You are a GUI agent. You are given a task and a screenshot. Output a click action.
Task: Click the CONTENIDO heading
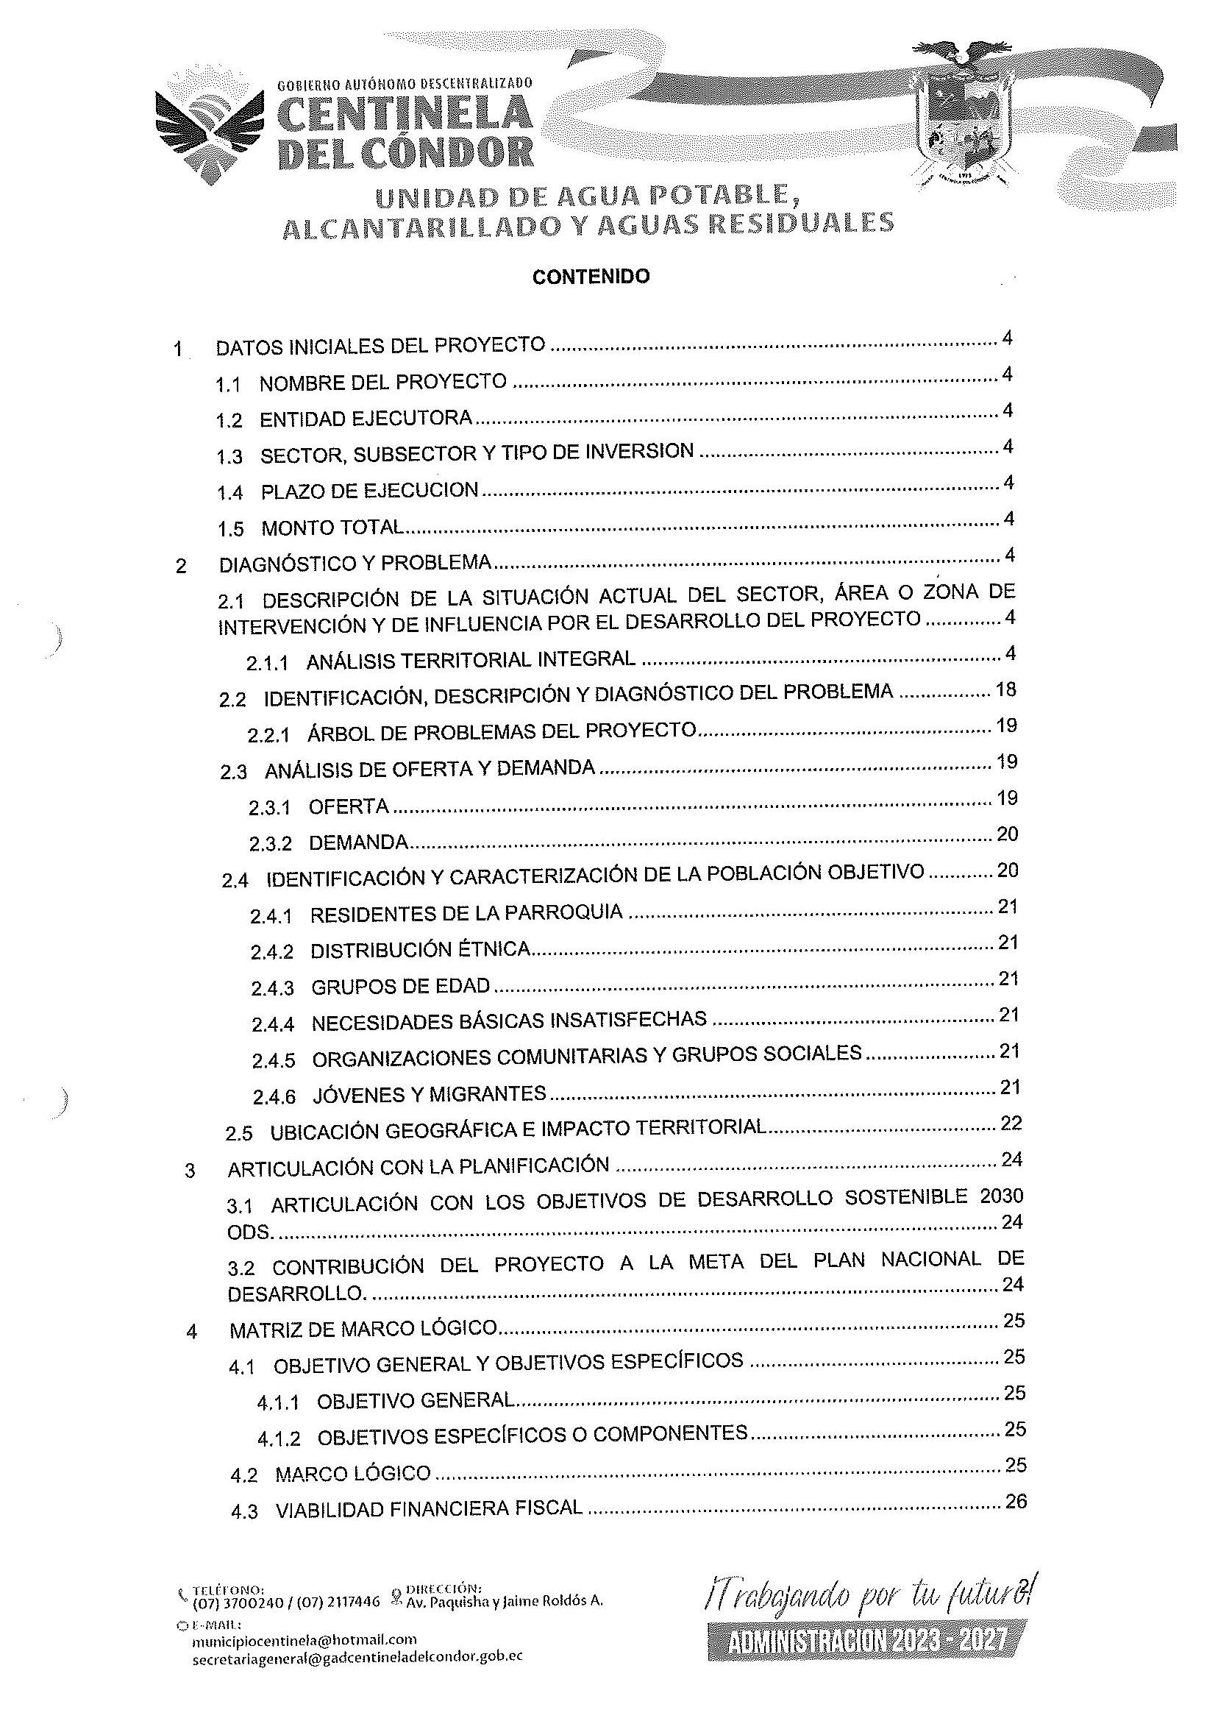point(591,277)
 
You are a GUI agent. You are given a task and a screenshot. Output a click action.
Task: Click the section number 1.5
point(230,529)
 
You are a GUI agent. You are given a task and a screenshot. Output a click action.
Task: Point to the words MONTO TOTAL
point(332,528)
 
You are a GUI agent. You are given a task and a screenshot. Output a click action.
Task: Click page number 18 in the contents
point(1005,689)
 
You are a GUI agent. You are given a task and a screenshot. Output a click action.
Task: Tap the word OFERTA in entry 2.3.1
point(349,807)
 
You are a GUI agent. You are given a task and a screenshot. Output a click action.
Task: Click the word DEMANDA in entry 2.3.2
point(358,842)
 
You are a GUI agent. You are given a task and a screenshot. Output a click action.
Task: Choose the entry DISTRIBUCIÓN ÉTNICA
point(421,951)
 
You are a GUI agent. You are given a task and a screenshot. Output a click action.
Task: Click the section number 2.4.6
point(274,1097)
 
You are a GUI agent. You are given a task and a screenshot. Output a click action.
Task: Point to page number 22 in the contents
point(1011,1123)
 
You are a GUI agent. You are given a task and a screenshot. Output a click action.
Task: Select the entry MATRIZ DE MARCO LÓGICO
point(363,1330)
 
